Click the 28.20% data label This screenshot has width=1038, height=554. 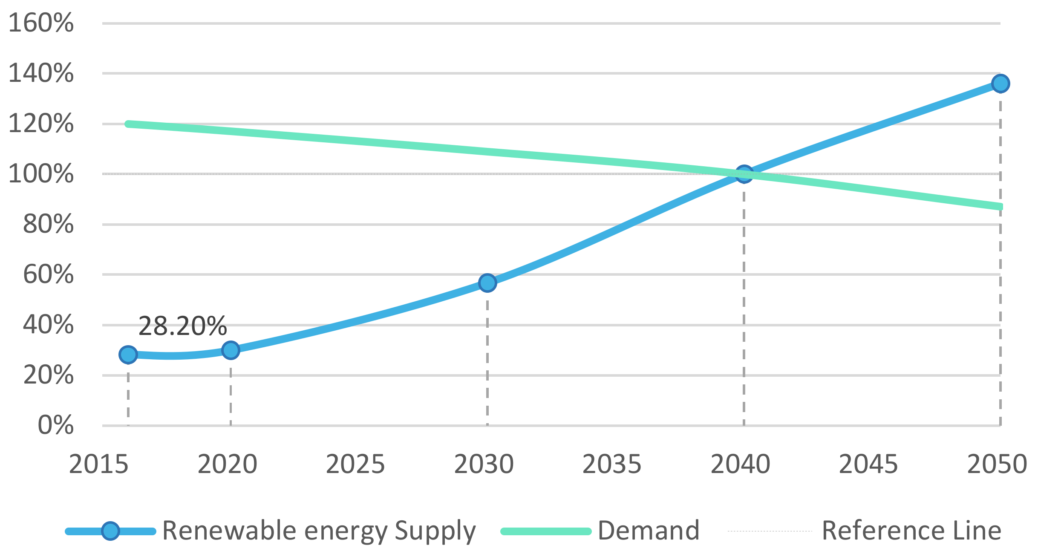click(182, 326)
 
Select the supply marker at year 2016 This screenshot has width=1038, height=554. click(128, 354)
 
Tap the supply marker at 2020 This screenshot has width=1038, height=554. click(231, 350)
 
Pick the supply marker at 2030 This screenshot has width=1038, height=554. click(487, 283)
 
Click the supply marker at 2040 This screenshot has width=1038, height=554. click(744, 174)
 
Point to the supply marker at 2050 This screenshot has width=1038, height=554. click(1000, 84)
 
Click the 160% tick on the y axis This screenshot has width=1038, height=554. click(41, 23)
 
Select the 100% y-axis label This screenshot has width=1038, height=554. click(41, 174)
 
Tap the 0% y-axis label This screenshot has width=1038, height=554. click(55, 425)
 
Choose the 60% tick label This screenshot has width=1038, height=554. click(48, 274)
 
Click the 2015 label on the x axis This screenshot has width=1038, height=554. click(98, 464)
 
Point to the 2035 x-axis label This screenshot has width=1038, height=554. click(611, 464)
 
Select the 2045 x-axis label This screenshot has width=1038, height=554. click(868, 464)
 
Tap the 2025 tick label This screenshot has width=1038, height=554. click(355, 464)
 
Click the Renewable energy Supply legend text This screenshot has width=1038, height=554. click(319, 531)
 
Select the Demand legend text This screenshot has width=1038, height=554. click(649, 531)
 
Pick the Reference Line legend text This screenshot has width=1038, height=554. click(911, 531)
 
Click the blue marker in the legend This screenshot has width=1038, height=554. click(110, 531)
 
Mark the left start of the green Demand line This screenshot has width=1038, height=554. click(128, 124)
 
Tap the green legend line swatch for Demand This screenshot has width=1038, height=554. click(546, 531)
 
